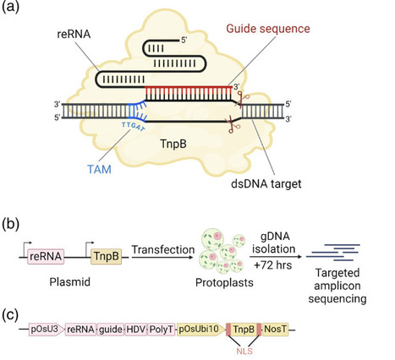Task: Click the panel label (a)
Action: [x=14, y=11]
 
